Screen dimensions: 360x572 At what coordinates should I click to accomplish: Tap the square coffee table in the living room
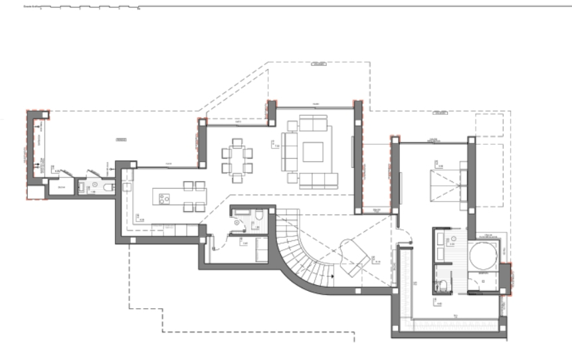[314, 152]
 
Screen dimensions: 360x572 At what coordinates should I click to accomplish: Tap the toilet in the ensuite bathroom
[443, 287]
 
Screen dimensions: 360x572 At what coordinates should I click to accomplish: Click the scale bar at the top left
[80, 8]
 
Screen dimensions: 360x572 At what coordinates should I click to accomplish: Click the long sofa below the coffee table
[315, 179]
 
